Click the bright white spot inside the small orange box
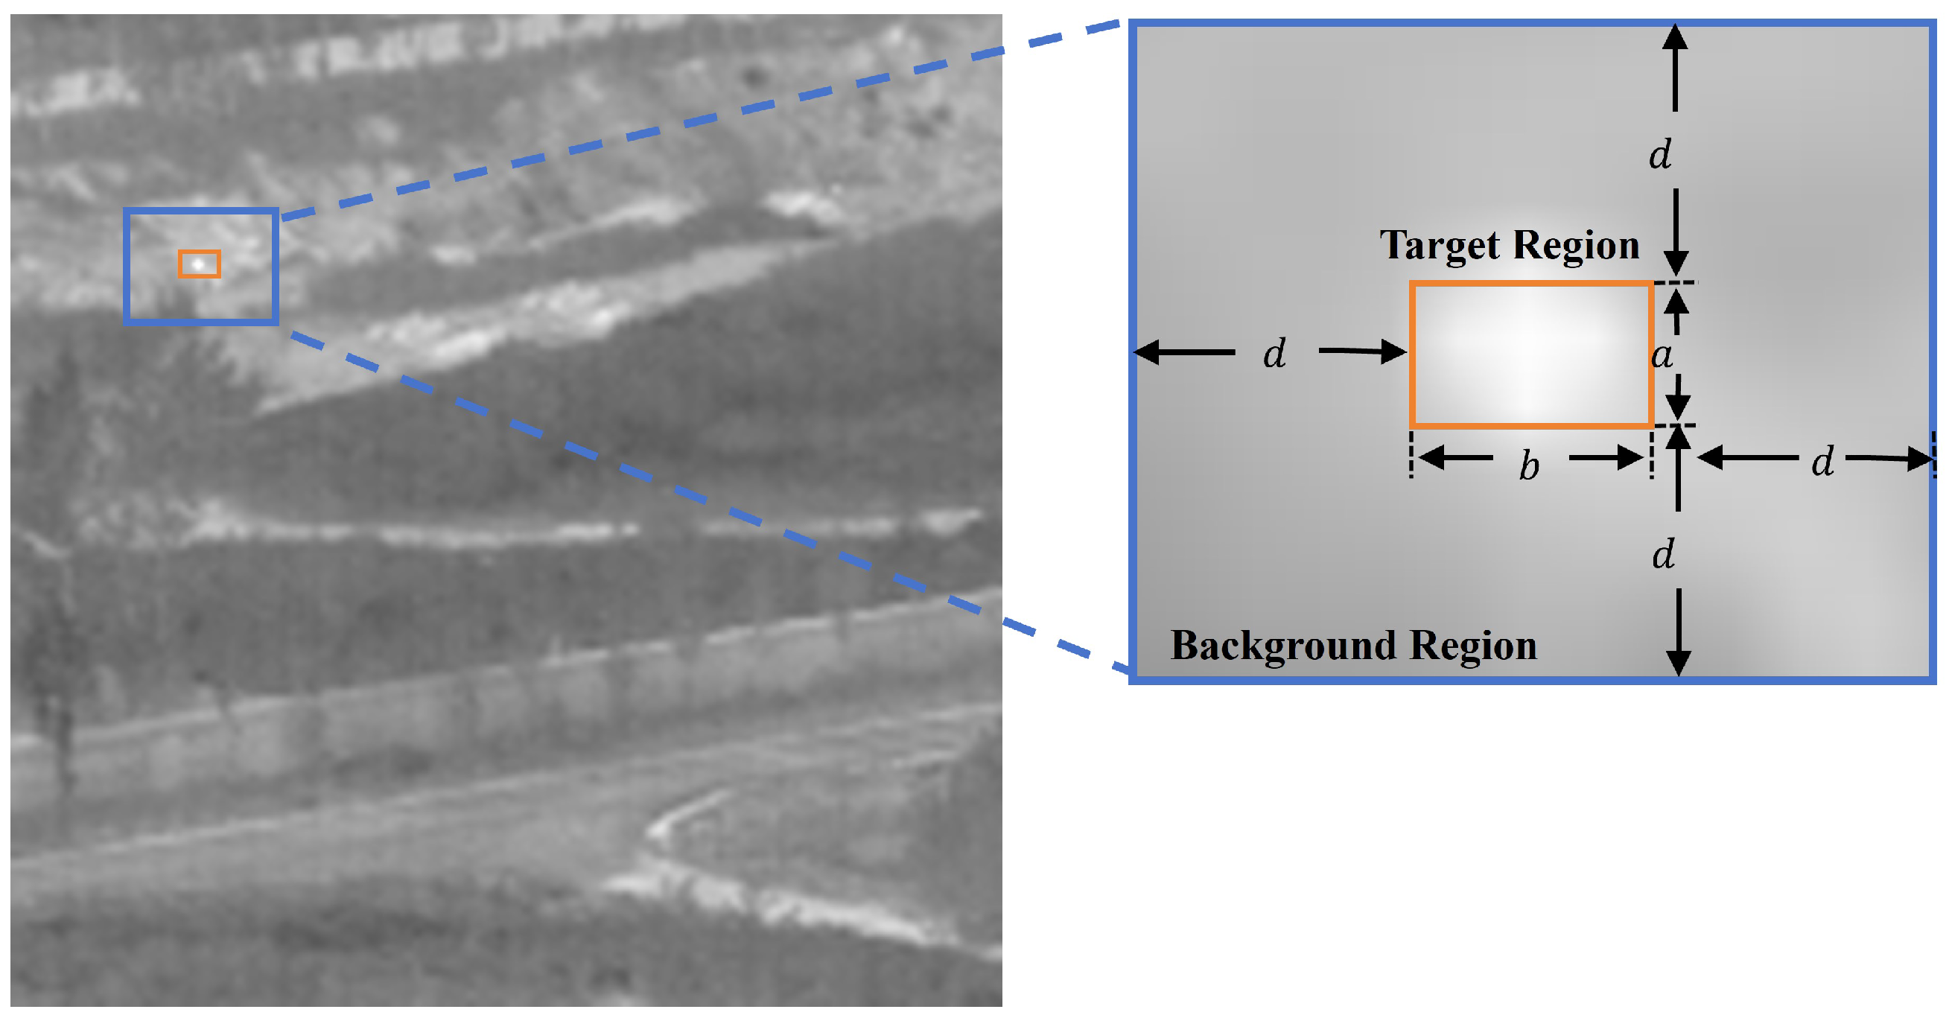198,264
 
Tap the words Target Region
1510,246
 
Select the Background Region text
1353,646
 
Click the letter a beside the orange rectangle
1662,354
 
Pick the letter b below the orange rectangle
1529,465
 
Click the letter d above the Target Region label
1660,155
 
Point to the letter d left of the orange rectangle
1275,353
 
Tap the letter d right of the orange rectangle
1822,460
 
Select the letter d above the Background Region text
1663,554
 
